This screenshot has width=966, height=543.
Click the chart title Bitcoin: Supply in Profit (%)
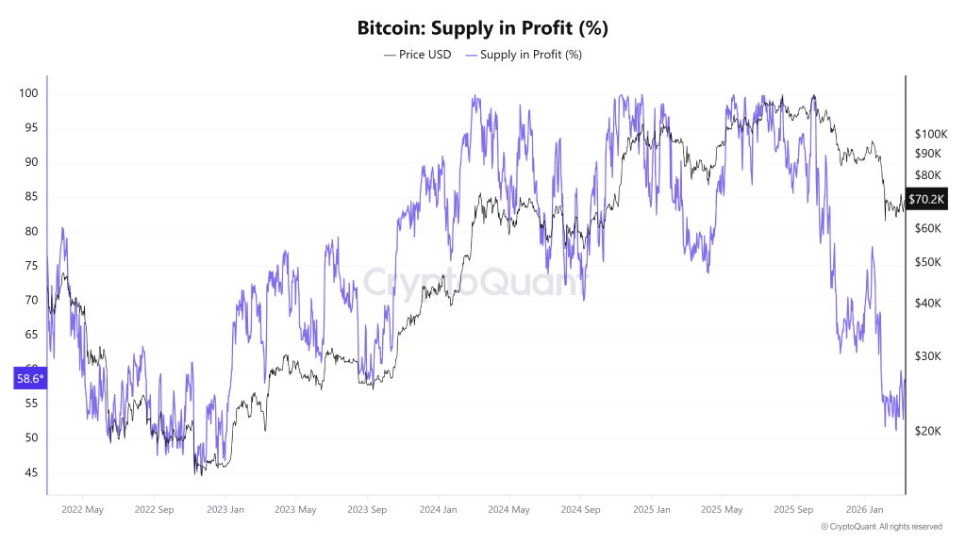pos(482,27)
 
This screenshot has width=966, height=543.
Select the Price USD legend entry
pos(417,55)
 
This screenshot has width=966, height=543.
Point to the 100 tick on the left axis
pos(27,93)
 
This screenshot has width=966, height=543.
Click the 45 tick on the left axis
pos(30,472)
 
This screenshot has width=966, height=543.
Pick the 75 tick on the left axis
pos(30,266)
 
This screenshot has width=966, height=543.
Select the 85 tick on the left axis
pos(30,197)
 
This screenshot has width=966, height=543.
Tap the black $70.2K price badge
pos(926,200)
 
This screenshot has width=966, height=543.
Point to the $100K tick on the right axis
pos(931,135)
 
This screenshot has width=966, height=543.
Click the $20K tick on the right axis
pos(928,431)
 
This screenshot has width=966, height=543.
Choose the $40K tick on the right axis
pos(928,303)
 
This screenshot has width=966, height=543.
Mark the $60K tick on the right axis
pos(928,228)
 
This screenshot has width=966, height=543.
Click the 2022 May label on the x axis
pos(81,510)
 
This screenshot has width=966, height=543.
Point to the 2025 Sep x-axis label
pos(791,510)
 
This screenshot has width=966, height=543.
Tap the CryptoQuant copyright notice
pos(881,527)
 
